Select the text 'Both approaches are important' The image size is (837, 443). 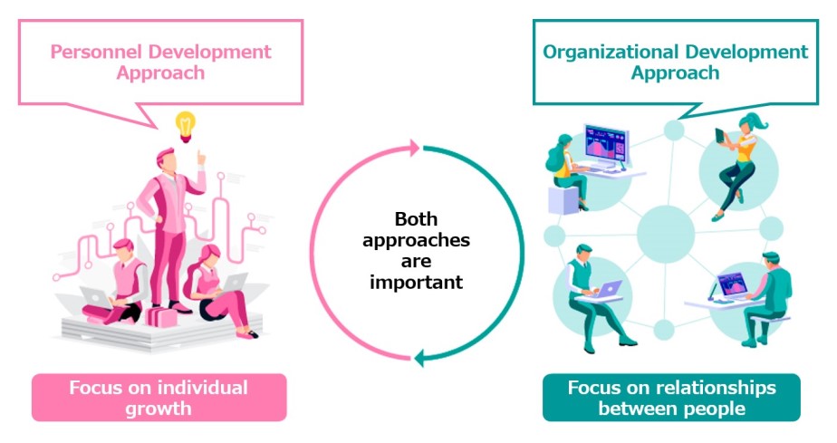click(416, 251)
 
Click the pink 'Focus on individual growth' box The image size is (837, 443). click(159, 398)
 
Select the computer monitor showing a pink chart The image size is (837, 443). click(606, 145)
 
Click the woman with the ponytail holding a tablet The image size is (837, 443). click(738, 163)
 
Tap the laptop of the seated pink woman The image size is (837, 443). click(233, 283)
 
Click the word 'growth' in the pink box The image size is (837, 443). click(159, 408)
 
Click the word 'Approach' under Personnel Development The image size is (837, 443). click(160, 72)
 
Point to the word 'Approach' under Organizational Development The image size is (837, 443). click(675, 72)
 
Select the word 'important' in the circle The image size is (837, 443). click(416, 282)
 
